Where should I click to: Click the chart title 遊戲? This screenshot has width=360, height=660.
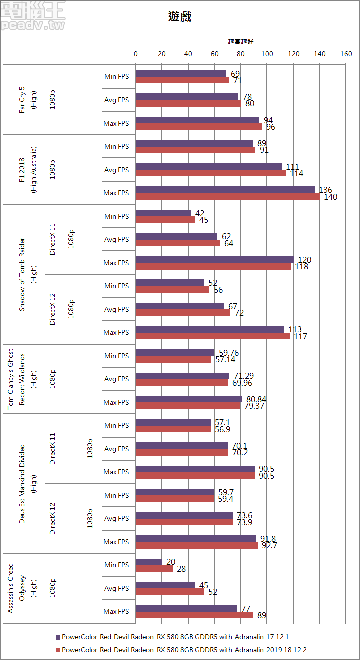(180, 17)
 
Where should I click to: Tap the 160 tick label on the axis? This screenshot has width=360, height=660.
(346, 54)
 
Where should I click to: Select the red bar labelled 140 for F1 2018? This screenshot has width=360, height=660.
(227, 196)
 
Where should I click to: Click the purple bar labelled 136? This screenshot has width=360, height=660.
(225, 190)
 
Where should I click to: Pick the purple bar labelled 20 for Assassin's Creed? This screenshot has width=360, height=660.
(149, 562)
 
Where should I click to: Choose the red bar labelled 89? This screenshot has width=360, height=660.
(194, 615)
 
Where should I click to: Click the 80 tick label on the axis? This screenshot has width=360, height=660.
(241, 54)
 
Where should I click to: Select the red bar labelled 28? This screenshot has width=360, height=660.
(154, 568)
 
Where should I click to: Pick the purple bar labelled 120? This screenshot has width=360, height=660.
(214, 259)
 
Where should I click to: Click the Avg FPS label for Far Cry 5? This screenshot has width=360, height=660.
(116, 100)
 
